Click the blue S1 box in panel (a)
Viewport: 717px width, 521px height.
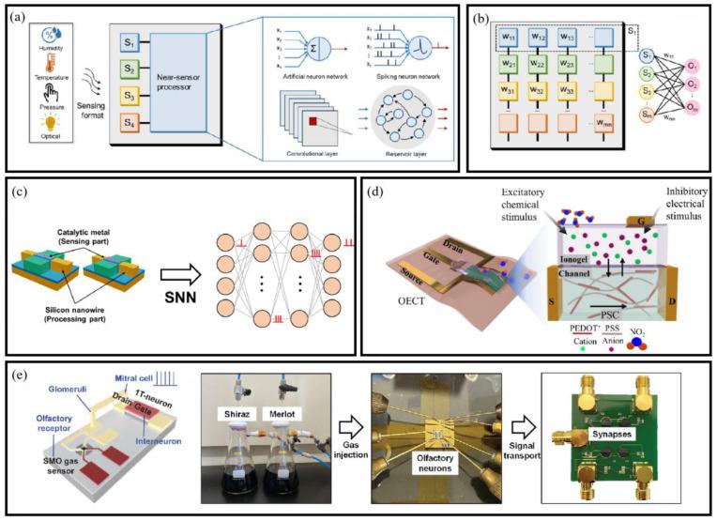[x=129, y=45]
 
